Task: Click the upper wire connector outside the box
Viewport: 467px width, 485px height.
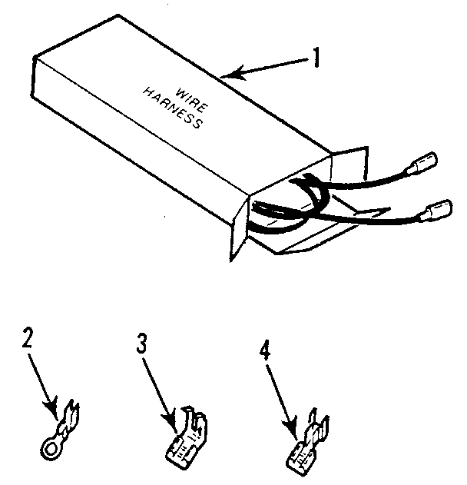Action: pyautogui.click(x=424, y=164)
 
